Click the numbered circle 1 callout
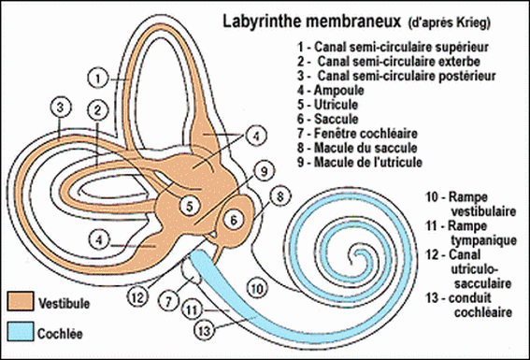pos(98,79)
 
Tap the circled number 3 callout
pos(61,108)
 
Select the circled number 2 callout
pos(98,110)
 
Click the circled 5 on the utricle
pos(189,206)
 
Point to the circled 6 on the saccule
pos(234,220)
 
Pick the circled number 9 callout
pos(264,171)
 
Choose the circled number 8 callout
pos(280,196)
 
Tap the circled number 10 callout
pos(258,288)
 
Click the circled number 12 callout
pos(137,296)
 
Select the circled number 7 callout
pos(168,300)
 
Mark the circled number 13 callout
pos(205,331)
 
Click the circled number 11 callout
pos(192,310)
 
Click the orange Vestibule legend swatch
pos(21,301)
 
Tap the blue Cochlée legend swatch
pos(21,331)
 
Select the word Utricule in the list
pos(336,105)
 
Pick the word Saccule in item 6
pos(337,119)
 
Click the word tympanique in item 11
pos(483,240)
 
